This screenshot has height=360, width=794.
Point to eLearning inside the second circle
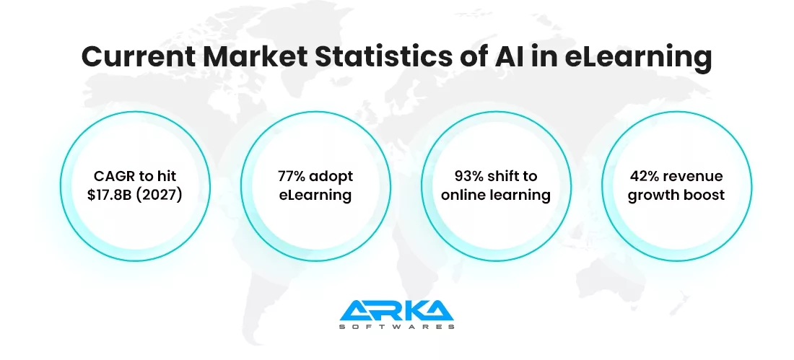316,195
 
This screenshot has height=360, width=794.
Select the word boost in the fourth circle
704,195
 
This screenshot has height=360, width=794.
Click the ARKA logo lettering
397,311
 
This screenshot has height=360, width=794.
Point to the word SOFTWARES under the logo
397,327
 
